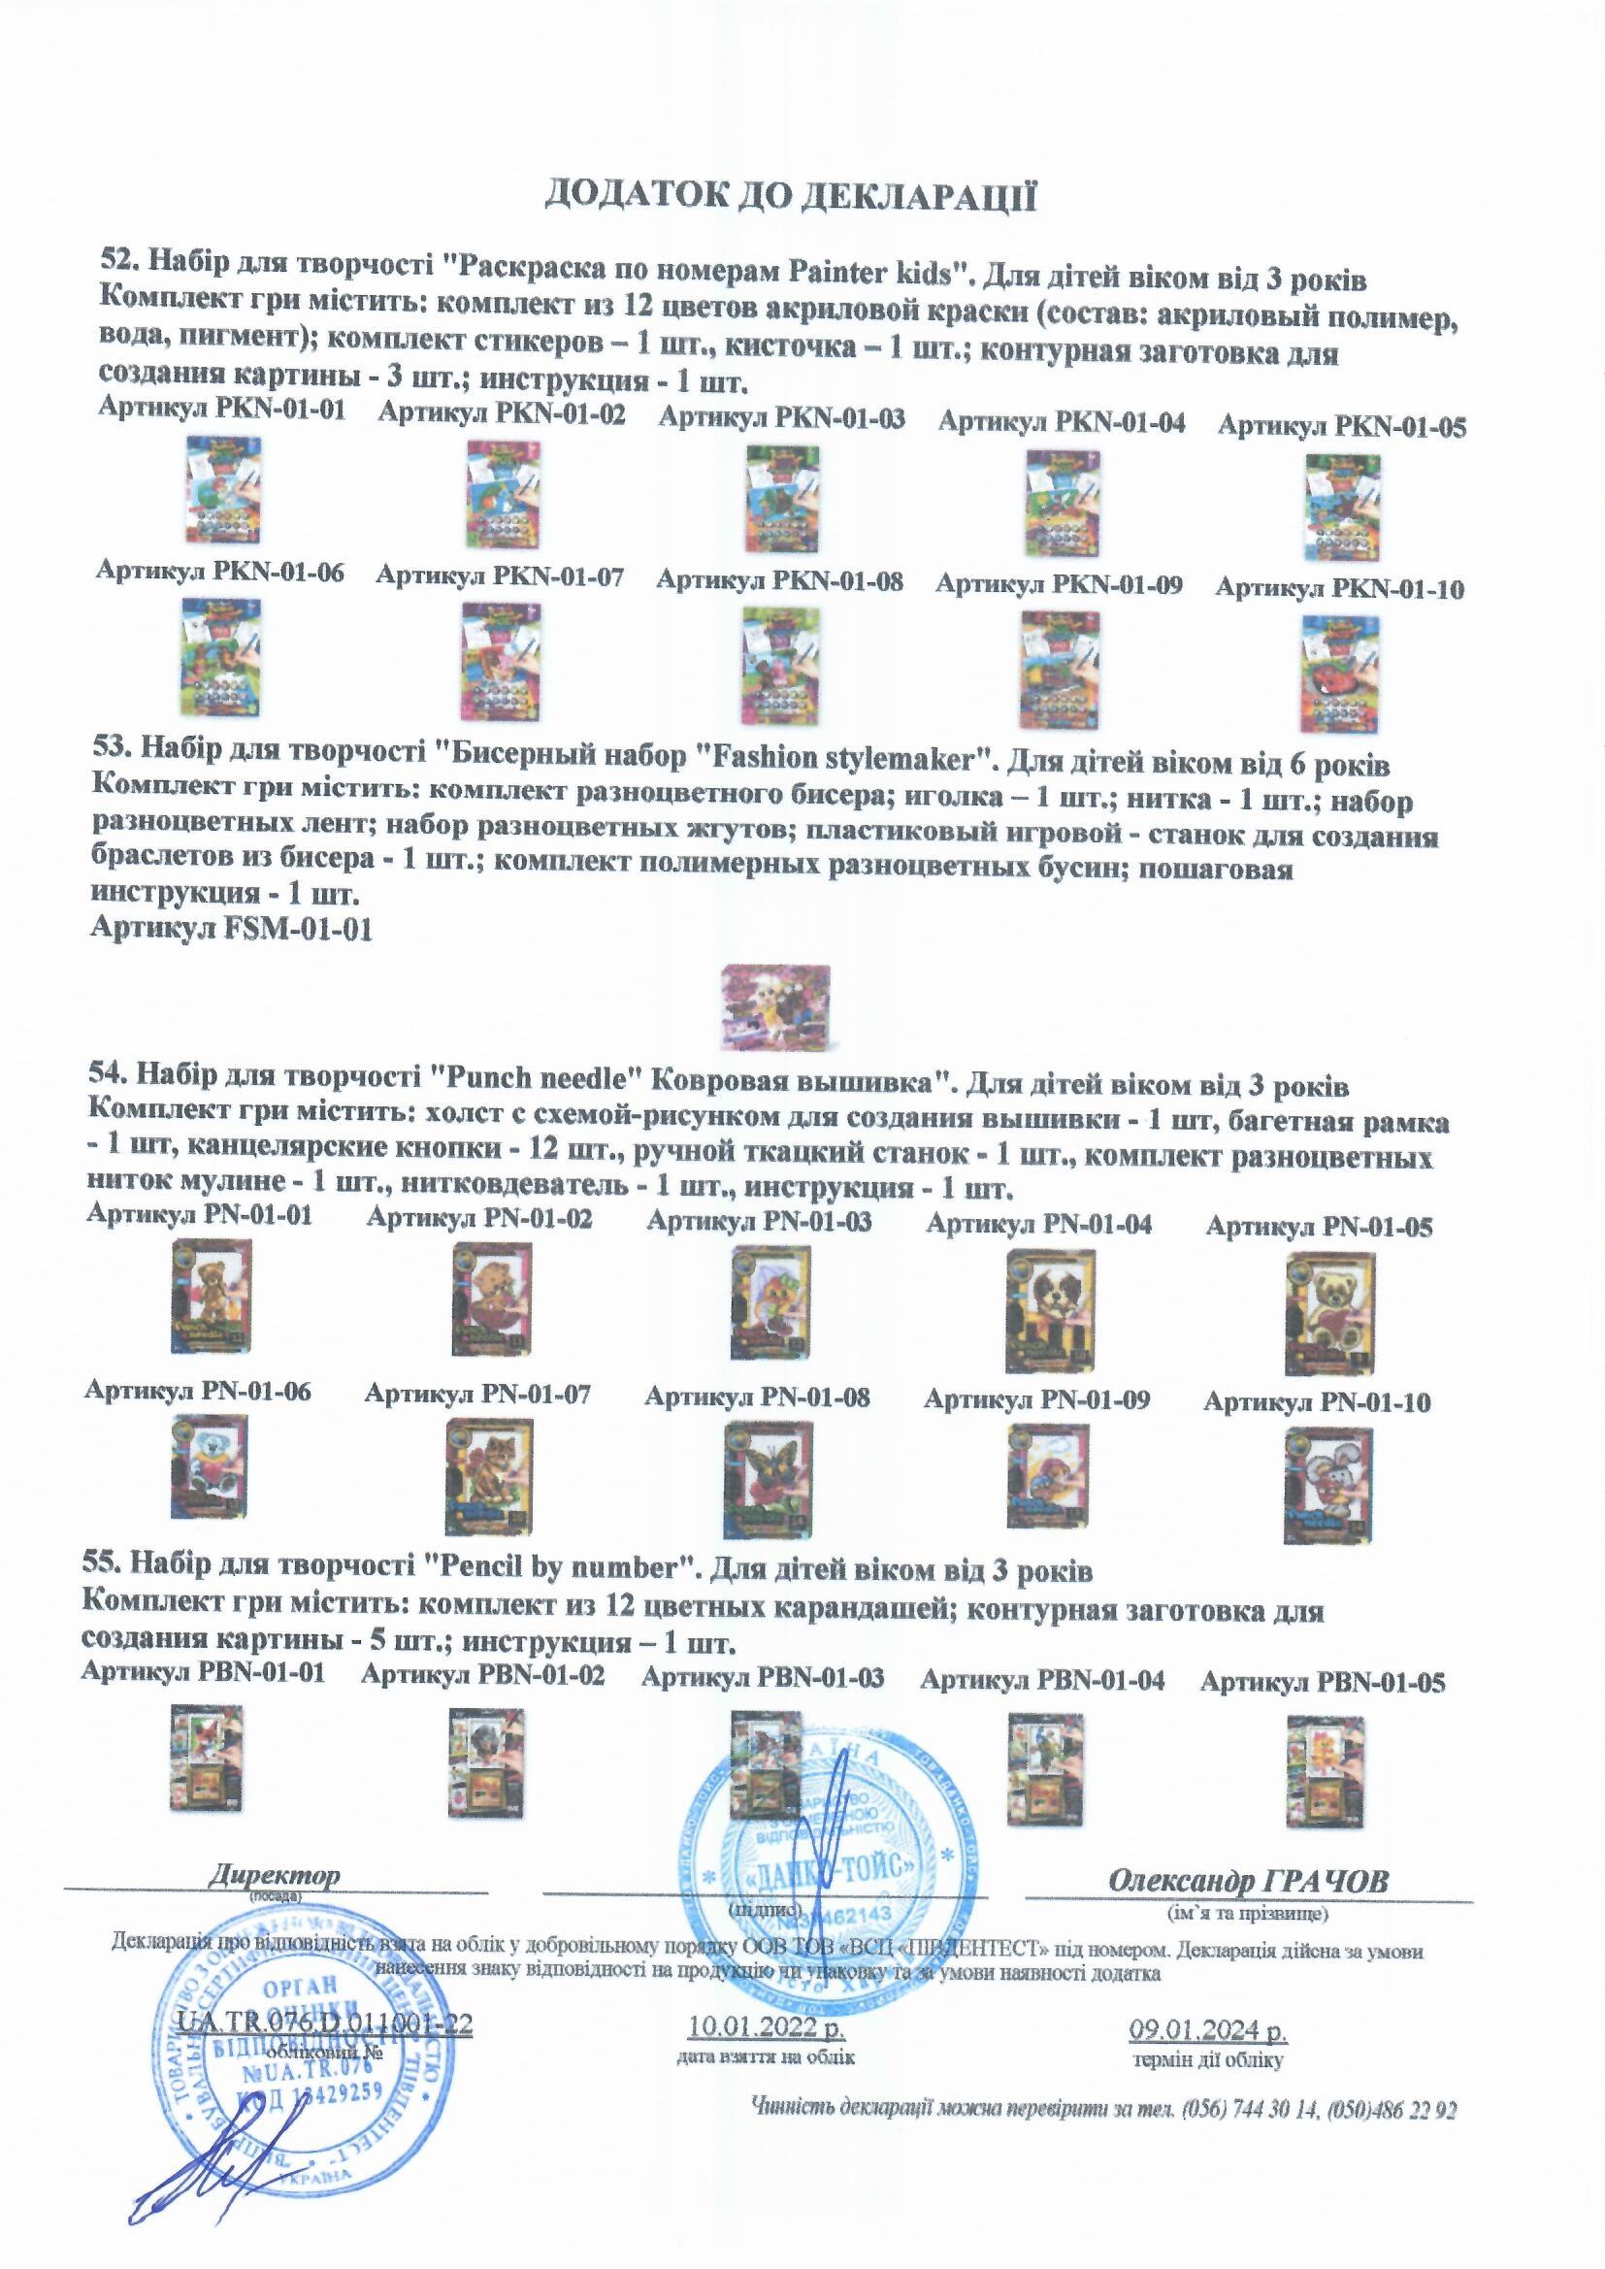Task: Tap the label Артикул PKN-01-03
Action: [x=782, y=419]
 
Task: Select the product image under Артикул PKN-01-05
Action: [x=1342, y=507]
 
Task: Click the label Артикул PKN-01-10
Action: [x=1339, y=589]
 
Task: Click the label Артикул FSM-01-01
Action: [x=231, y=930]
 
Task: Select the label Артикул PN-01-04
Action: [x=1038, y=1226]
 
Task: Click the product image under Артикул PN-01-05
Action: [x=1329, y=1311]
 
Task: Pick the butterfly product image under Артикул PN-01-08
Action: [x=764, y=1479]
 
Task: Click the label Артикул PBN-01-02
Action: [x=482, y=1675]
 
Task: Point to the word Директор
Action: [x=274, y=1875]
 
